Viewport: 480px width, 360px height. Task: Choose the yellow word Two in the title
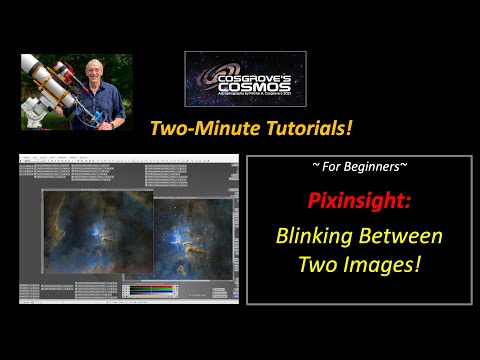click(x=319, y=265)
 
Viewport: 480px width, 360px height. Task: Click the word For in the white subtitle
click(x=330, y=165)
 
